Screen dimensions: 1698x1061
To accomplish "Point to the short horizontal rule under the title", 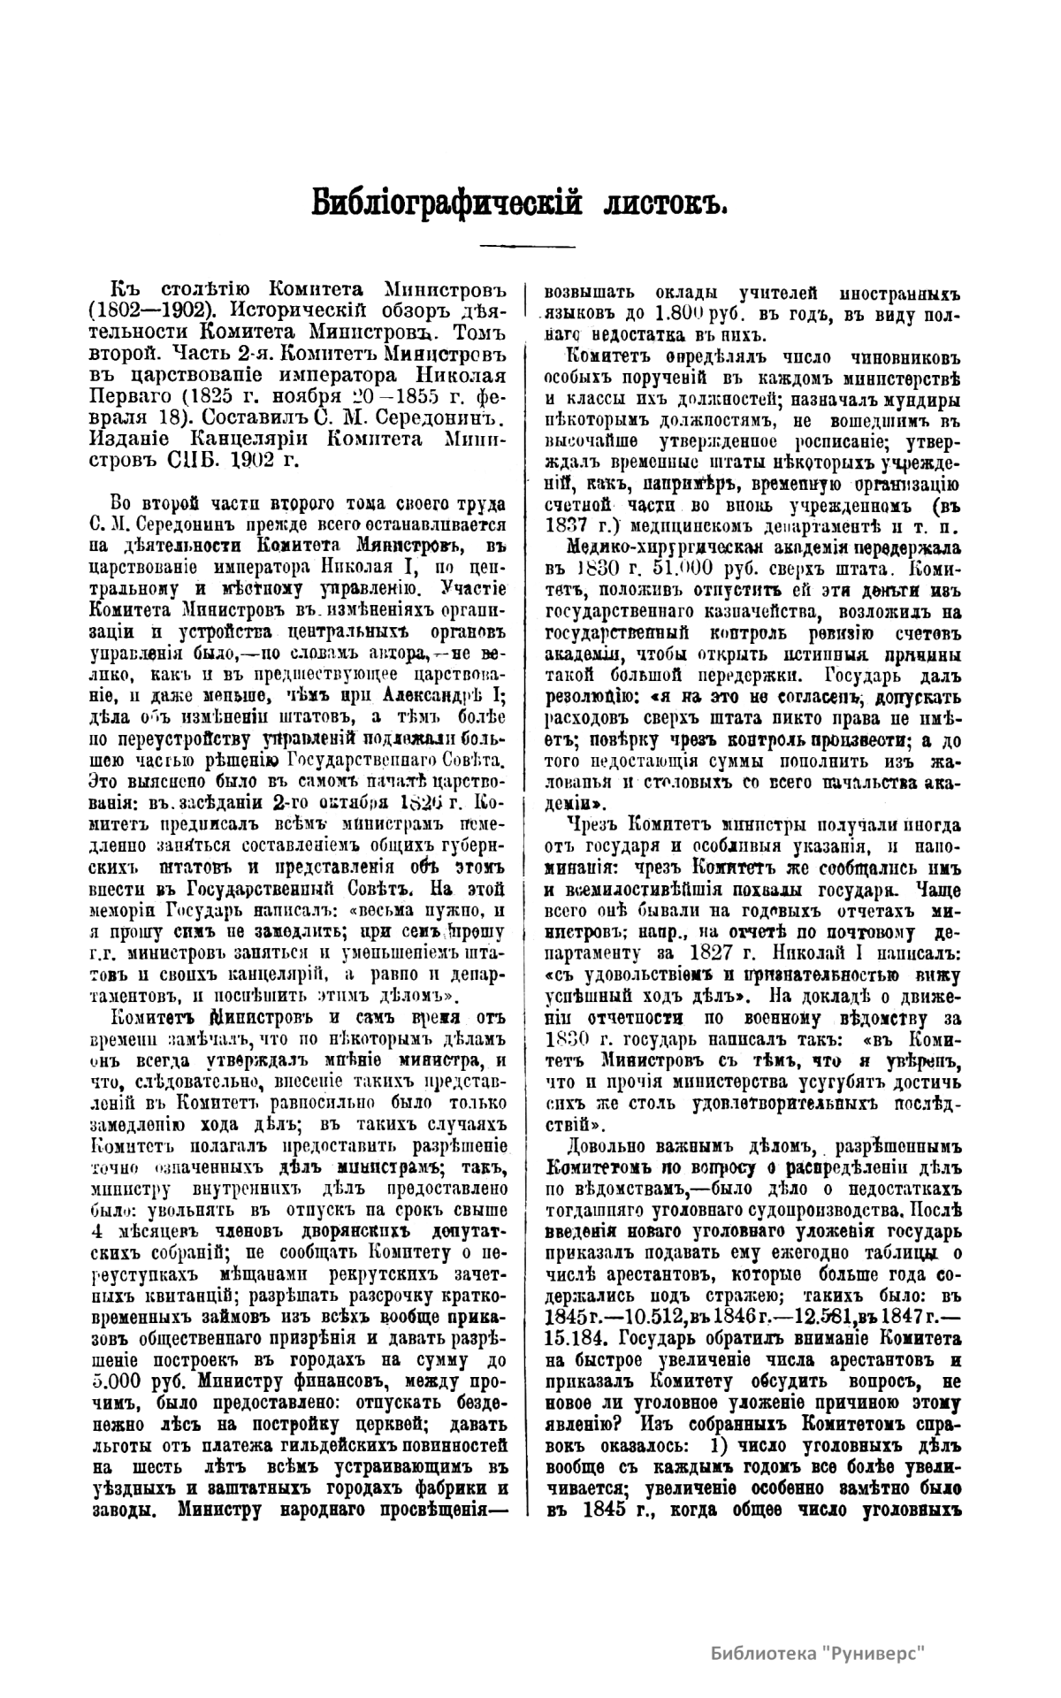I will click(528, 245).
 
